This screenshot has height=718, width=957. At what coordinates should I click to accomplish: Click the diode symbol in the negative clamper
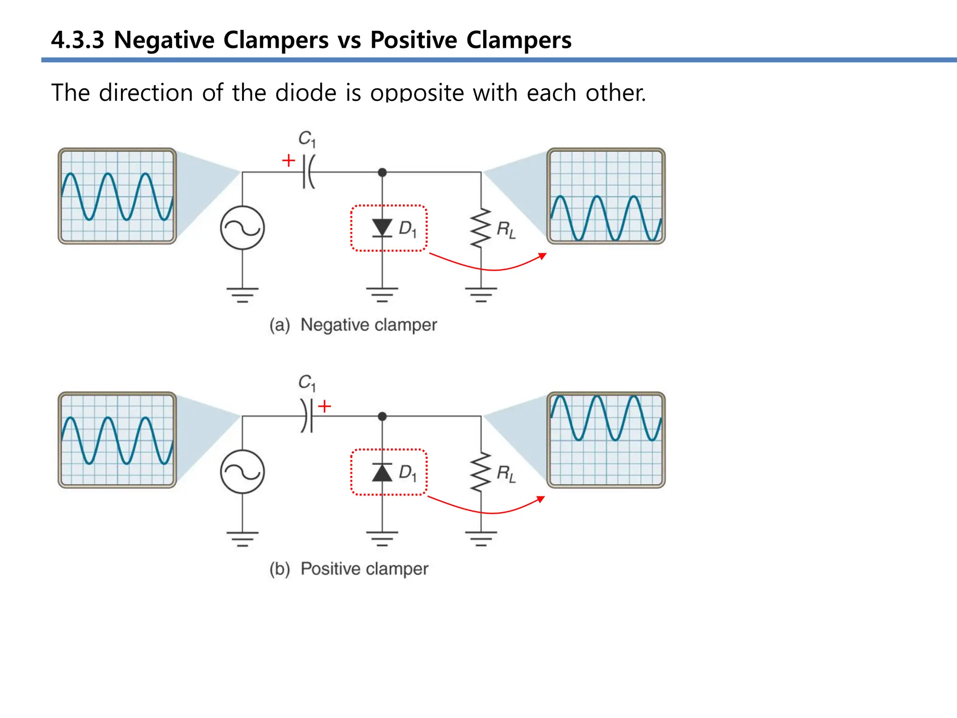(x=382, y=228)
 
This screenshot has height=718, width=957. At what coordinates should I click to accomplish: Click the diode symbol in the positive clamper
(x=382, y=472)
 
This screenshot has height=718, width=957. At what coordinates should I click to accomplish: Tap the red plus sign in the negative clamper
(x=289, y=161)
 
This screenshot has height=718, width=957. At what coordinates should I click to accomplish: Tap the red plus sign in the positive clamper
(x=324, y=406)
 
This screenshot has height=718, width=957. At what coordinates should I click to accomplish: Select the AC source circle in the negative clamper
(x=243, y=228)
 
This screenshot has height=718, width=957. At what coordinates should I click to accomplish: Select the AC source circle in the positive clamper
(x=243, y=472)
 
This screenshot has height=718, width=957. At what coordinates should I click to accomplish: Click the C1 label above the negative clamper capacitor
(x=307, y=139)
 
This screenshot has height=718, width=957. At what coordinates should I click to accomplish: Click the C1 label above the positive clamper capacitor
(x=307, y=383)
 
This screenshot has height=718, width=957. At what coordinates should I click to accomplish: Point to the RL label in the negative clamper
(x=506, y=230)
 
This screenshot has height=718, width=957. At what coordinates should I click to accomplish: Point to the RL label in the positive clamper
(x=506, y=474)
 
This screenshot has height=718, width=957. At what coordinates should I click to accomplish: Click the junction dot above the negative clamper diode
(x=382, y=172)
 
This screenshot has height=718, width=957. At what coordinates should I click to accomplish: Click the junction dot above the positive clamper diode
(x=382, y=416)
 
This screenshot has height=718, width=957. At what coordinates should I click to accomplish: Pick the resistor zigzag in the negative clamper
(x=481, y=228)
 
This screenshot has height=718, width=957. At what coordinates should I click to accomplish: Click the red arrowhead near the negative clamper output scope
(x=543, y=256)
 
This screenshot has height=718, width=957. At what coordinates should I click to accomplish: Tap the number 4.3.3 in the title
(x=78, y=40)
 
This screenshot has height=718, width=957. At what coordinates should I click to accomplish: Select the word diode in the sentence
(x=306, y=93)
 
